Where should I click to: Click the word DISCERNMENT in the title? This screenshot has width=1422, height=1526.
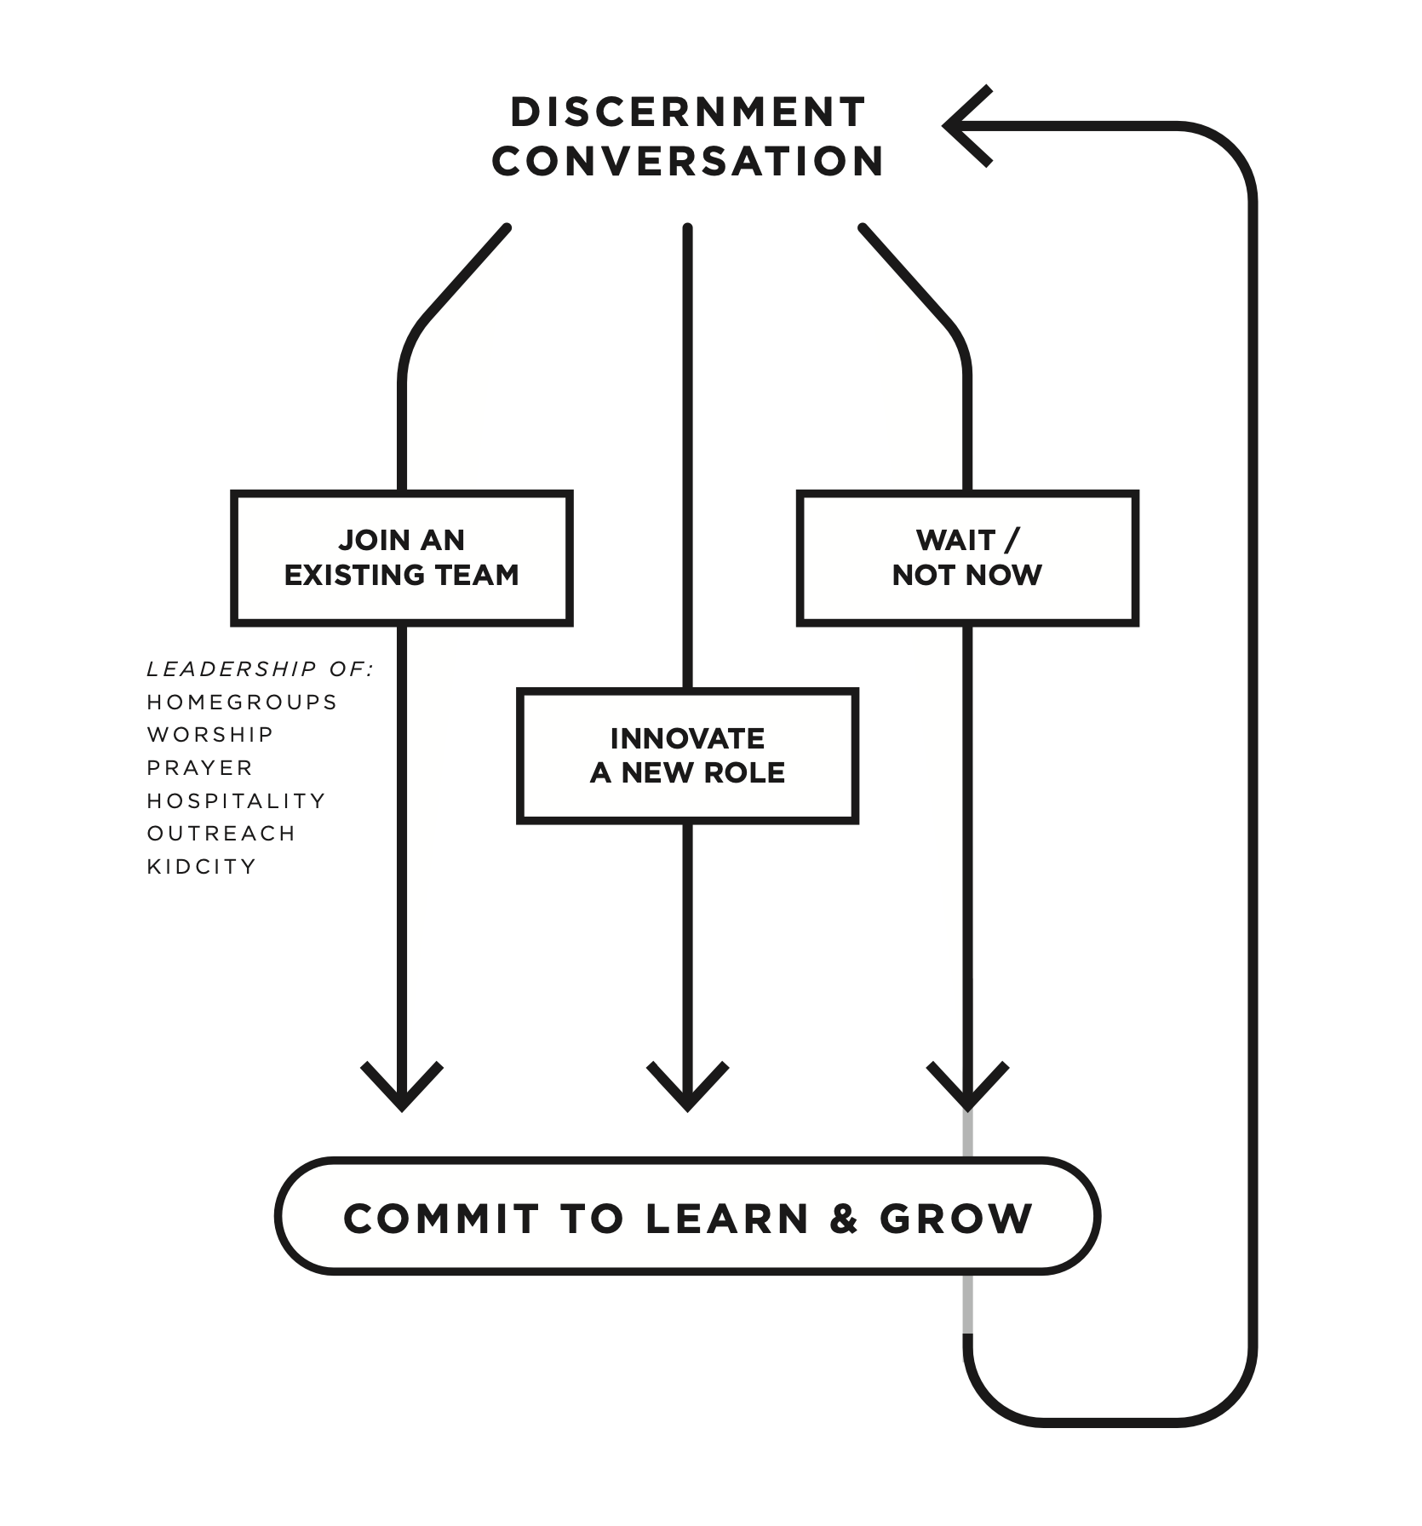(x=687, y=112)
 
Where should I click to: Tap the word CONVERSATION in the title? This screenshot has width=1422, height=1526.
(x=687, y=162)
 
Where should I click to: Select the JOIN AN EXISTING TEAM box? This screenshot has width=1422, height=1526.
(x=401, y=558)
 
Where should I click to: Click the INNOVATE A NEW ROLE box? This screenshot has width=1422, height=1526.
(x=687, y=755)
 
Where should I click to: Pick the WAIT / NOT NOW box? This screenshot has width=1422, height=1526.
(x=967, y=558)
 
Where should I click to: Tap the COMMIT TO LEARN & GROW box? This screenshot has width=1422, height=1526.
(x=687, y=1218)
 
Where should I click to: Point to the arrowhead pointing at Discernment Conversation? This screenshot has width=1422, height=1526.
(x=962, y=126)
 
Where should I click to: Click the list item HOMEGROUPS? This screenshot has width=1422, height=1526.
(x=243, y=703)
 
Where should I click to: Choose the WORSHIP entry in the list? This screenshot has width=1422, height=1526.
(x=210, y=735)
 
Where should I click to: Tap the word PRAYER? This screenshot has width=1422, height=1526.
(x=200, y=768)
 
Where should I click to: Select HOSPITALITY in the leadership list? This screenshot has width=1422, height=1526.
(x=237, y=801)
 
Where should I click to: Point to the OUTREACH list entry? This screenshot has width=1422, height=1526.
(x=221, y=834)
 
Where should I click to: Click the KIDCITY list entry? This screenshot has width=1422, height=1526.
(x=202, y=867)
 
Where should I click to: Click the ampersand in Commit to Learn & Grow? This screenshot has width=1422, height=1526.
(x=843, y=1219)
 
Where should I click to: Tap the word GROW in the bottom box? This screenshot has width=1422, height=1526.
(x=956, y=1219)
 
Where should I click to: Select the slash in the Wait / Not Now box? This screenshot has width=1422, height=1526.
(x=1012, y=540)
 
